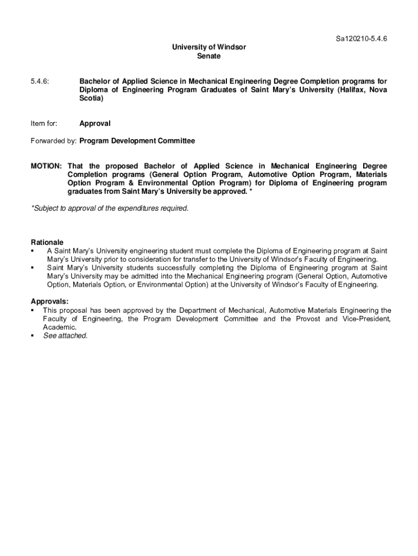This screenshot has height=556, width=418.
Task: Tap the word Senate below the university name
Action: point(209,56)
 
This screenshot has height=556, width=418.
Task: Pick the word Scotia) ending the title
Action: point(91,99)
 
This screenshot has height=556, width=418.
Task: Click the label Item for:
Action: point(43,124)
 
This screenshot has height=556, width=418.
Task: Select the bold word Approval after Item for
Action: point(95,124)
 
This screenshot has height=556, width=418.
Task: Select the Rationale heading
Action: point(47,242)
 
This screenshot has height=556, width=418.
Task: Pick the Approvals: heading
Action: point(49,301)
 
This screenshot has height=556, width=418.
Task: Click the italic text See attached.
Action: point(65,336)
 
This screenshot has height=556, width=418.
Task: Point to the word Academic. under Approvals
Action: point(60,327)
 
